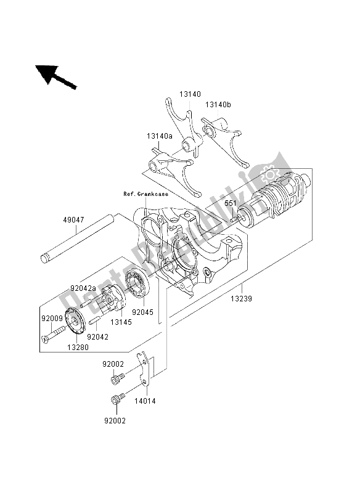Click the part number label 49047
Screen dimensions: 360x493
[73, 220]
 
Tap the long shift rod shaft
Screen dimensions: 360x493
[76, 238]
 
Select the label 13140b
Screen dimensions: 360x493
[218, 105]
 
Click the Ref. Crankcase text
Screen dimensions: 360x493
[145, 194]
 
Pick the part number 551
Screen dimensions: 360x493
[230, 203]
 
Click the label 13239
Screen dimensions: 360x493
[241, 299]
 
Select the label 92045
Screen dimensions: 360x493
[143, 312]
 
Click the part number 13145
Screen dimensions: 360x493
[121, 322]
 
